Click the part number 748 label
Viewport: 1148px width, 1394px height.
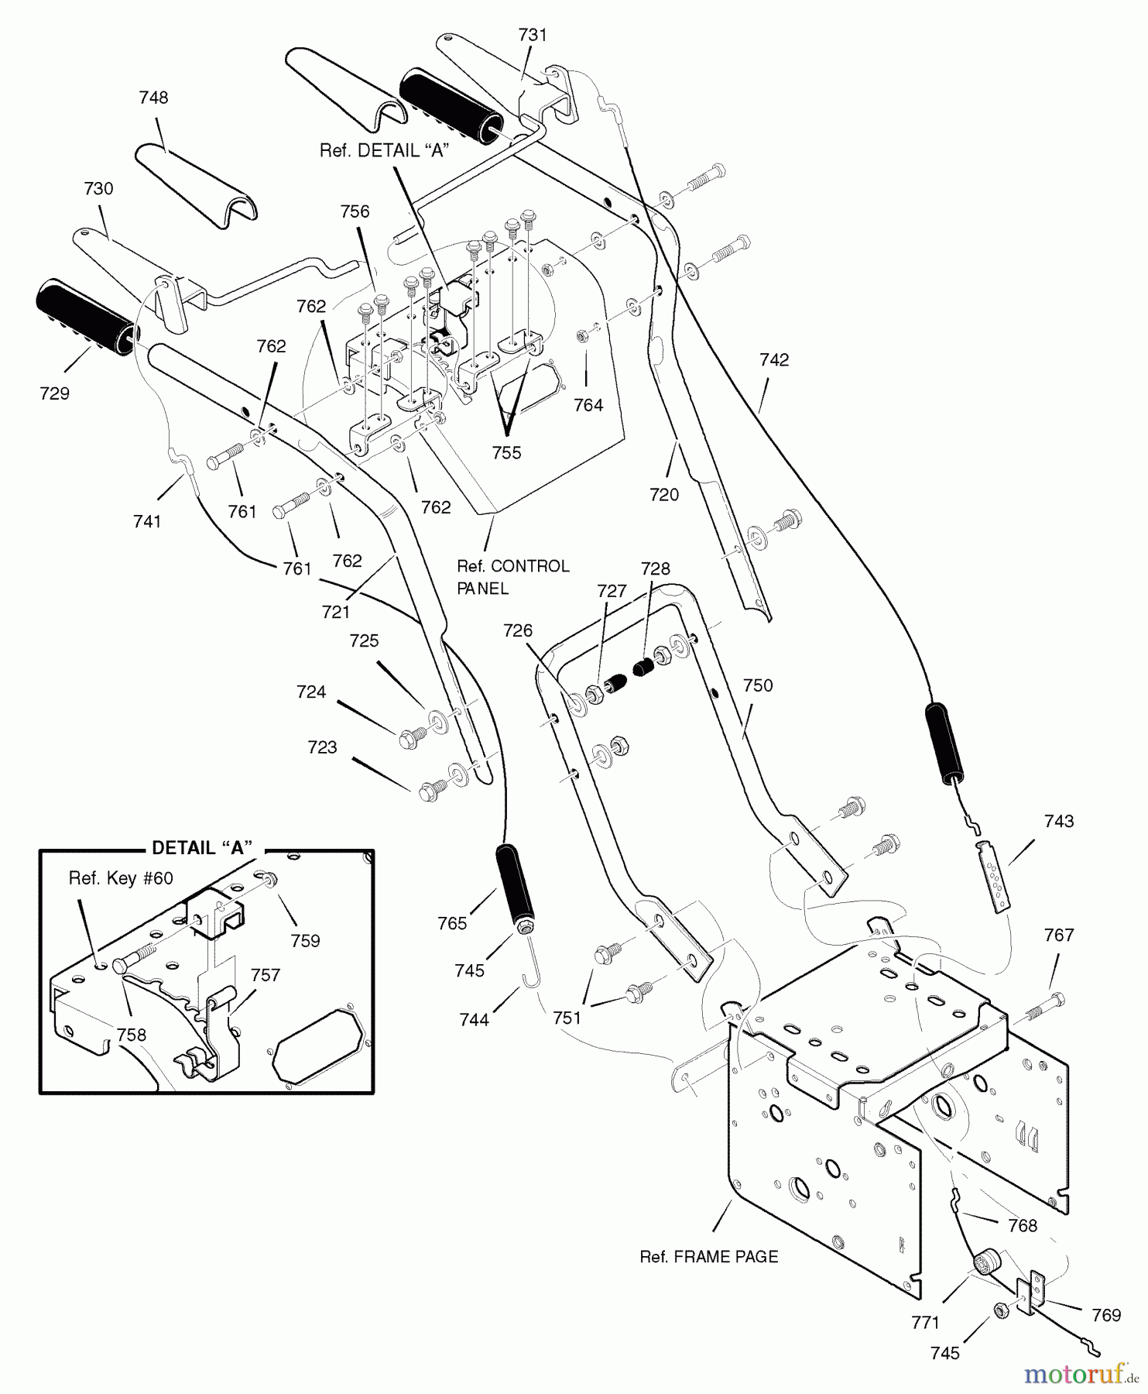coord(153,98)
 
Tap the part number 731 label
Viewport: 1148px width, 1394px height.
coord(533,35)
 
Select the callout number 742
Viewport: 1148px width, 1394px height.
coord(774,359)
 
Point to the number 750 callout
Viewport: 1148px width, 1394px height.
coord(757,685)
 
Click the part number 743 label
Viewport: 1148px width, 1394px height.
coord(1058,821)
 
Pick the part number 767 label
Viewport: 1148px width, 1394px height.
coord(1058,936)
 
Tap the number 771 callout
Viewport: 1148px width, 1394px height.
coord(925,1323)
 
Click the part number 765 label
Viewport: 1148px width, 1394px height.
coord(452,923)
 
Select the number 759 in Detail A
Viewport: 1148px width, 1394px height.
coord(305,940)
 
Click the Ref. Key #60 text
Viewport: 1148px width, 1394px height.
coord(121,878)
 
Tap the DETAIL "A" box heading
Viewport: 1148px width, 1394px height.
coord(203,848)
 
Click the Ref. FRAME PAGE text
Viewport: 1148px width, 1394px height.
coord(709,1256)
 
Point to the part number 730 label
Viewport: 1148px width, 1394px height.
coord(98,188)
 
